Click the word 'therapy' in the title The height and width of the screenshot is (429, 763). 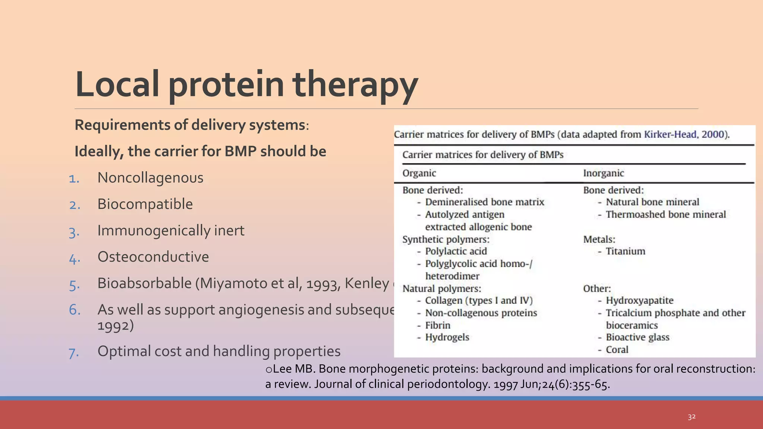355,85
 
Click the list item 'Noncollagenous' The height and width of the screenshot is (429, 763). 150,178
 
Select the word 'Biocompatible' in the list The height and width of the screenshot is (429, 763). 145,204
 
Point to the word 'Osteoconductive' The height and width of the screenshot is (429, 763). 153,257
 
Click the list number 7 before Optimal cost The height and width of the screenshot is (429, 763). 74,353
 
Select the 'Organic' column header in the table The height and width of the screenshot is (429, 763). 419,173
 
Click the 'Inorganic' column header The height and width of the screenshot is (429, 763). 603,173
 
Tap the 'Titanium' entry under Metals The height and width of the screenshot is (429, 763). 625,251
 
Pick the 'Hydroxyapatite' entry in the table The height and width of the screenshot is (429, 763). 639,301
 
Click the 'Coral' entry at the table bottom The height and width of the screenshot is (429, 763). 617,350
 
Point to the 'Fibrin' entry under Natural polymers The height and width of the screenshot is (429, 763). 437,325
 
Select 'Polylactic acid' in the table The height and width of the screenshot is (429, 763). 456,251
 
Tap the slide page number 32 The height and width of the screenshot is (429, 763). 691,417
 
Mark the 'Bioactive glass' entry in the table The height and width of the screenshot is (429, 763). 637,337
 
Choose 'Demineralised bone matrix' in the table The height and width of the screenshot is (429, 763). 484,202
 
